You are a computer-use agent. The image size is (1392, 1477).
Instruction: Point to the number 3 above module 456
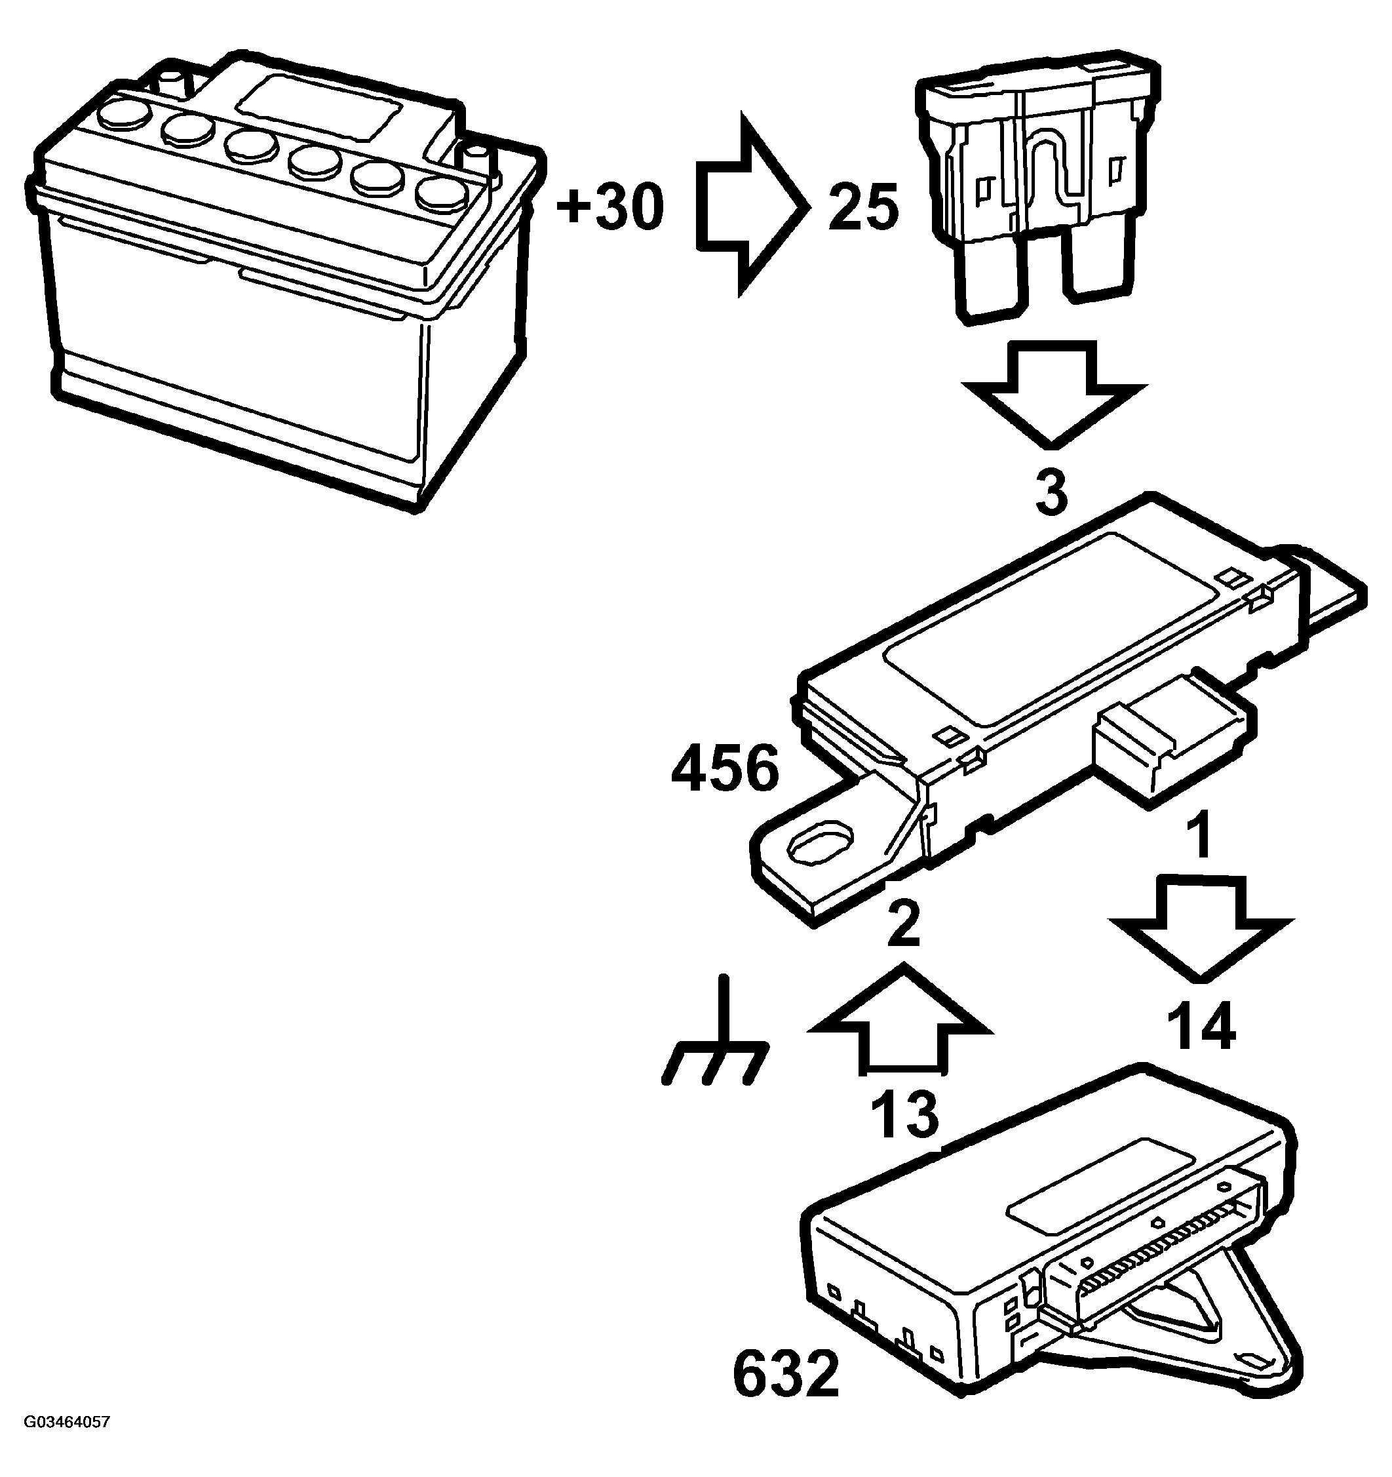coord(1052,491)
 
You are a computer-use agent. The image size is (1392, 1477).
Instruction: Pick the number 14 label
coord(1201,1025)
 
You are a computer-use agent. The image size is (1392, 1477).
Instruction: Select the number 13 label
coord(904,1114)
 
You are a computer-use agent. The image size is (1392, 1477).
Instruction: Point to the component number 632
coord(785,1373)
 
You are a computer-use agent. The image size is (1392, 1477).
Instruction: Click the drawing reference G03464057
coord(67,1444)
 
